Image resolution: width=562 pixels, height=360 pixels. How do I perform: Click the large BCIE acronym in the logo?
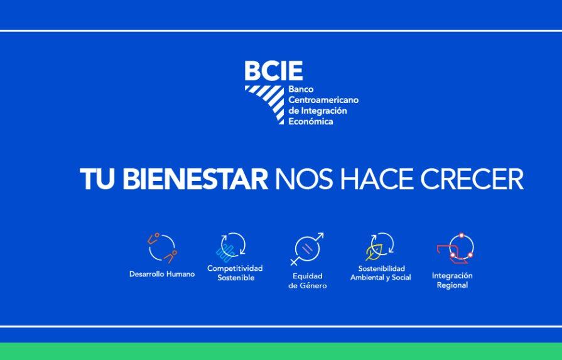point(274,70)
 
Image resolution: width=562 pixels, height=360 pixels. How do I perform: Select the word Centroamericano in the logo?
point(323,100)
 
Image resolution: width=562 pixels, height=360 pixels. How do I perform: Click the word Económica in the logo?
point(311,121)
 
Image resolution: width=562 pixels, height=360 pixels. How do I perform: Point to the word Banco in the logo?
point(301,89)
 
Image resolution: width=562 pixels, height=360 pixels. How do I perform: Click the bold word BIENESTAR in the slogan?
point(195,178)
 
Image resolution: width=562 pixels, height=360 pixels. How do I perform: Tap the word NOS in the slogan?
point(303,178)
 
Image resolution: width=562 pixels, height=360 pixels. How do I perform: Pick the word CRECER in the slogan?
point(472,178)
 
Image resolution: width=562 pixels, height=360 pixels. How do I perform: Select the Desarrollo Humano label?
point(162,274)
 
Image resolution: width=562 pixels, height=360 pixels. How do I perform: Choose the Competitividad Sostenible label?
point(235,273)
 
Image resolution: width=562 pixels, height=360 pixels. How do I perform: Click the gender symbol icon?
point(307,249)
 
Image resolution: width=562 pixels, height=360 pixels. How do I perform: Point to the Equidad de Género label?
point(308,281)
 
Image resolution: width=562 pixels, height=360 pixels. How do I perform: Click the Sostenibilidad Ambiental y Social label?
point(381,273)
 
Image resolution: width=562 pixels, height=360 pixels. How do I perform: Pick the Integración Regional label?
point(452,280)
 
